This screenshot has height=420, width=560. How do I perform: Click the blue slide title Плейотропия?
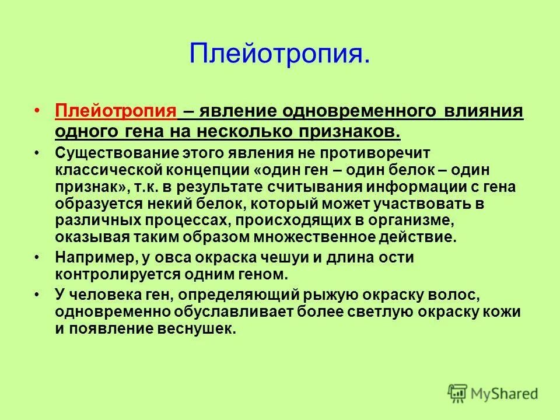(279, 54)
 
